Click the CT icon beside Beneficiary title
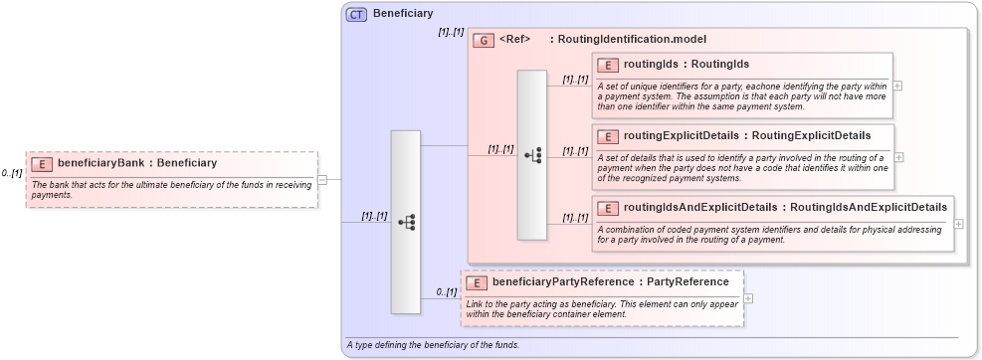[356, 14]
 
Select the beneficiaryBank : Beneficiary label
[137, 164]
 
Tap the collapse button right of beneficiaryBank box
[322, 180]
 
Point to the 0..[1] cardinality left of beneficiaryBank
[12, 174]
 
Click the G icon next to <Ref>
[484, 40]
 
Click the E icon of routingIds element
[607, 65]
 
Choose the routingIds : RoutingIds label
[686, 65]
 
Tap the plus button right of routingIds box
[897, 86]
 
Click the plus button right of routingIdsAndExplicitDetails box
[958, 224]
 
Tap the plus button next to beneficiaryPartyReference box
[748, 298]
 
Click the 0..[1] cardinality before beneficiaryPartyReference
[447, 292]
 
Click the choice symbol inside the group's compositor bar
[532, 155]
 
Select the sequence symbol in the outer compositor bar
[406, 223]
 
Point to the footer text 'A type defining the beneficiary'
[433, 345]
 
